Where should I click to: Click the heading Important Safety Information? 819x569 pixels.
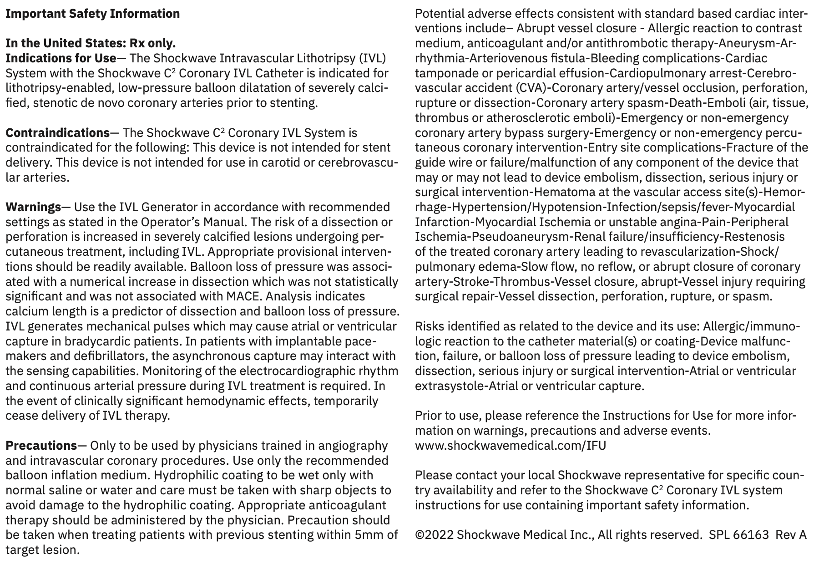pyautogui.click(x=92, y=14)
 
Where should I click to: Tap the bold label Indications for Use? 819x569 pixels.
pyautogui.click(x=61, y=58)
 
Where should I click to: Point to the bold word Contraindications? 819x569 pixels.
pyautogui.click(x=57, y=133)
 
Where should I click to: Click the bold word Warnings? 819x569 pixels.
pyautogui.click(x=33, y=207)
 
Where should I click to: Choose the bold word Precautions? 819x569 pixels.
pyautogui.click(x=41, y=445)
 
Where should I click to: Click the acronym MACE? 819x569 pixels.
pyautogui.click(x=244, y=296)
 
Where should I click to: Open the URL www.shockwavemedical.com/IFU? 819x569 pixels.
pyautogui.click(x=510, y=445)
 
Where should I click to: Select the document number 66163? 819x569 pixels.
pyautogui.click(x=751, y=534)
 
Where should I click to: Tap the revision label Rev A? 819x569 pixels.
pyautogui.click(x=791, y=534)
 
